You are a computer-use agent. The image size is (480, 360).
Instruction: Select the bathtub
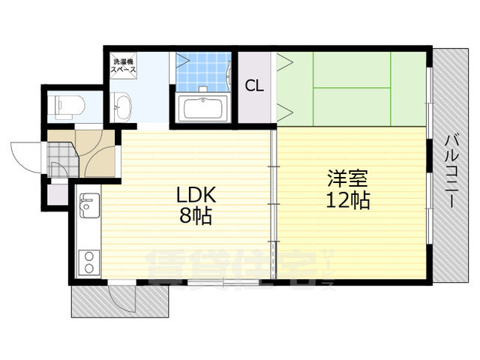click(202, 109)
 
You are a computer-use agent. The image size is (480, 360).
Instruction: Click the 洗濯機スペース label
click(124, 65)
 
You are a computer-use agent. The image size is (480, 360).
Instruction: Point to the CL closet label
click(254, 85)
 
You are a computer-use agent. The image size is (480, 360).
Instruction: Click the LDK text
click(196, 195)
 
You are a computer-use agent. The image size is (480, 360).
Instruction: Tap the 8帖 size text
click(196, 217)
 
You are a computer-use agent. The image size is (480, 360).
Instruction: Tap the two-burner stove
click(88, 262)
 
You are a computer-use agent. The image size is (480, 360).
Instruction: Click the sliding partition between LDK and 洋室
click(273, 202)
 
